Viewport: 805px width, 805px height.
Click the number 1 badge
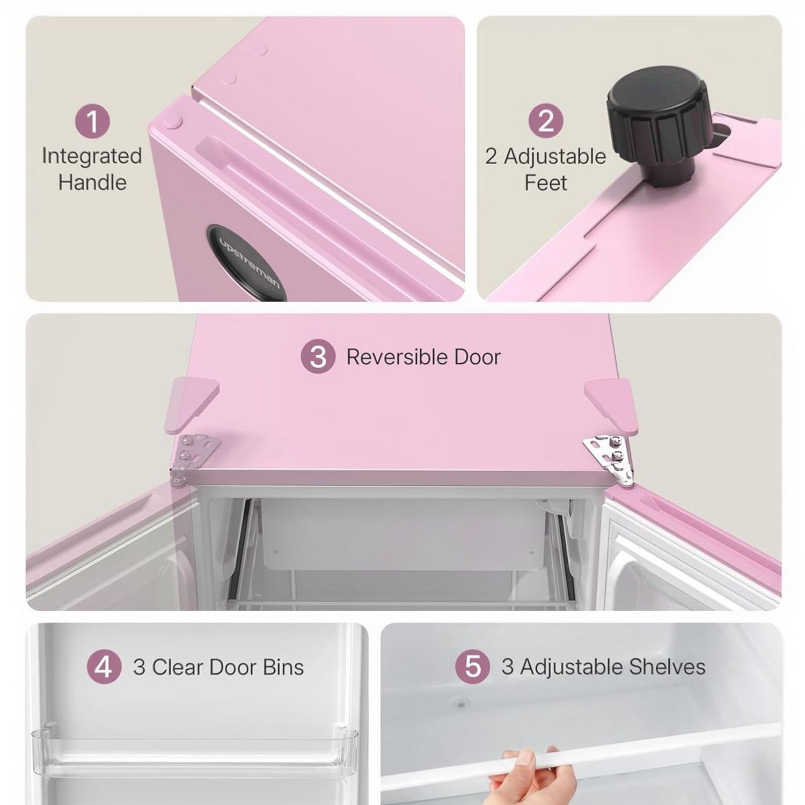[x=92, y=121]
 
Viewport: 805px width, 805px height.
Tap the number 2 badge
[x=546, y=121]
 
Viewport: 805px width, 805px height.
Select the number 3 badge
[x=318, y=356]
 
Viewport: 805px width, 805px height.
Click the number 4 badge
[x=104, y=668]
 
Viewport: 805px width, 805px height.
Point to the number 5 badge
[x=472, y=667]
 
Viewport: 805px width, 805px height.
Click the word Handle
[x=92, y=182]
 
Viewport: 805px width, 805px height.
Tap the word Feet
[x=546, y=183]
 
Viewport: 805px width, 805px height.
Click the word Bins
[x=283, y=668]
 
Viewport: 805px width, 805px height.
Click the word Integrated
[x=92, y=156]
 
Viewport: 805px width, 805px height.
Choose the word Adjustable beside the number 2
[x=555, y=157]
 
